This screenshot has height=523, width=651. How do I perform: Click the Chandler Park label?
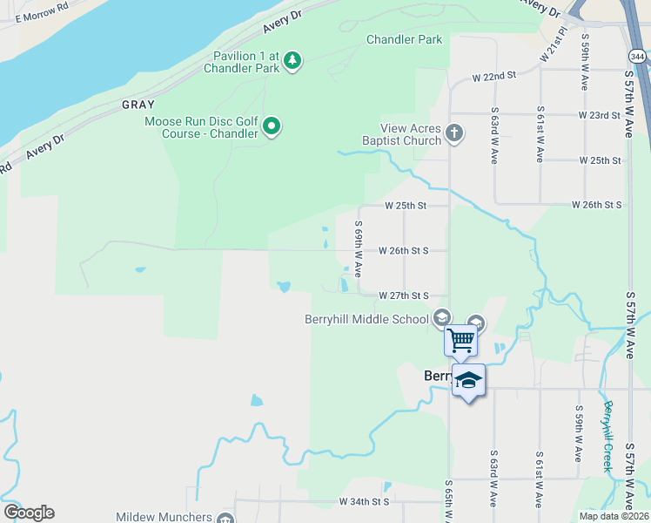coord(404,39)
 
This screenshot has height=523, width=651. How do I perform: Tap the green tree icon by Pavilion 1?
coord(294,60)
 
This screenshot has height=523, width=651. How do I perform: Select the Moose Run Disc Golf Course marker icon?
coord(272,127)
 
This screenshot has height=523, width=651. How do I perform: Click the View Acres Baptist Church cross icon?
coord(453,133)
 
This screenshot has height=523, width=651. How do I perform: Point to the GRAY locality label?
coord(138,105)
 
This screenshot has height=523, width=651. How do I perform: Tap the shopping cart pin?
coord(460,339)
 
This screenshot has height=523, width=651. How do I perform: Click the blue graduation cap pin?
coord(468,380)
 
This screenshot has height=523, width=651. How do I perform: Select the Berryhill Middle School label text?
coord(366,319)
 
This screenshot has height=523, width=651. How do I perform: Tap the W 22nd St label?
coord(494,77)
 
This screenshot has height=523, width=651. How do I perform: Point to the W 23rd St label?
coord(597,115)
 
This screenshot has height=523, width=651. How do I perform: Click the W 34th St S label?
coord(364,502)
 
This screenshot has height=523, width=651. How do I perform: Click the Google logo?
coord(29,512)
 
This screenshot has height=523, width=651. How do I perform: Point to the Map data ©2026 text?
coord(614,516)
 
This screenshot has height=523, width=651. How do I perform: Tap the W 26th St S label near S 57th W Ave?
coord(597,205)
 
